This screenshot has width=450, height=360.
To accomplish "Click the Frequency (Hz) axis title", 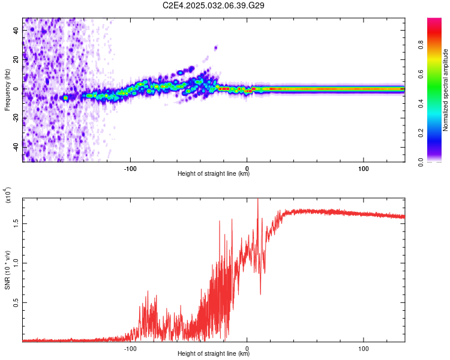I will coord(7,89).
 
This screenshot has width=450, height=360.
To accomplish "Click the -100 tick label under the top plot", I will coord(131,167).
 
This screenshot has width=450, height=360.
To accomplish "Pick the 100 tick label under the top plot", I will coord(363,167).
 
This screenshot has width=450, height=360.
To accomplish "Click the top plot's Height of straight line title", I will coord(214,174).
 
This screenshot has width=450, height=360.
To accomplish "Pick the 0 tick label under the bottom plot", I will coord(247,347).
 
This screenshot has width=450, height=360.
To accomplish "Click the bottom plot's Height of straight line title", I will coord(214,354).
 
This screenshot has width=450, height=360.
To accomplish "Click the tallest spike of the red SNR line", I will coord(258,200).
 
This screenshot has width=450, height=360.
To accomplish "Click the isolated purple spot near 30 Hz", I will coord(215,47).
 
